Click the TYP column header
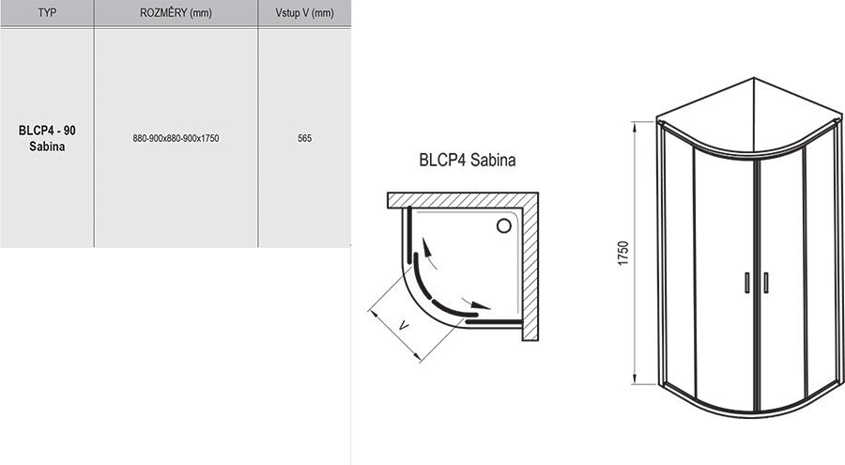(x=47, y=12)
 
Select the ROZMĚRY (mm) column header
(x=176, y=12)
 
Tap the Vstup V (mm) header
(x=304, y=12)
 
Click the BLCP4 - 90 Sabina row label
(x=47, y=138)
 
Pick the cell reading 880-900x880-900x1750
(x=176, y=138)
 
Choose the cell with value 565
(x=304, y=138)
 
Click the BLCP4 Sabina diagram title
(x=468, y=160)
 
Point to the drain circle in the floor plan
(x=504, y=225)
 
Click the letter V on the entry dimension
(x=403, y=325)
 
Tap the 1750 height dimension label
(x=623, y=253)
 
